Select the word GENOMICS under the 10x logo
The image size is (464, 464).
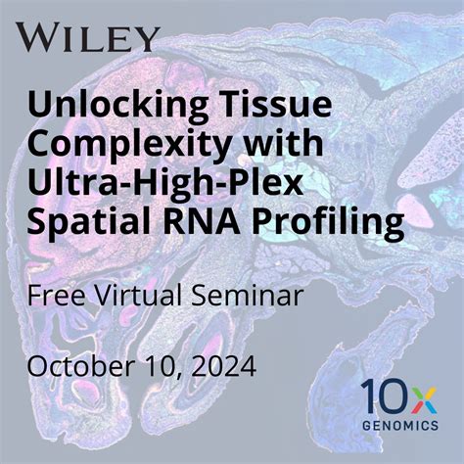pyautogui.click(x=399, y=427)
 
